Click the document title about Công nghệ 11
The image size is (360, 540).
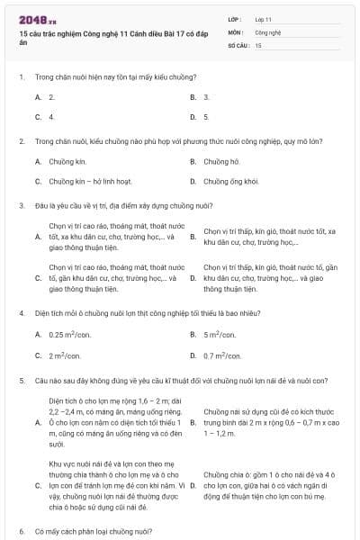click(x=99, y=37)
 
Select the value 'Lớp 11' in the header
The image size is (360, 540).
click(x=264, y=18)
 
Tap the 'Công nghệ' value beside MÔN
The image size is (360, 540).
click(x=268, y=31)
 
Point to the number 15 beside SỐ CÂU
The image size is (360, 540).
click(x=258, y=43)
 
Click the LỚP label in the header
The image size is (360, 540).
click(x=235, y=18)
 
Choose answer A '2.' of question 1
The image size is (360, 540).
click(x=51, y=96)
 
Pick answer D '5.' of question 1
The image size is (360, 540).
click(x=206, y=117)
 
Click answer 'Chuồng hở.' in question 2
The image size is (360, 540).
click(x=221, y=161)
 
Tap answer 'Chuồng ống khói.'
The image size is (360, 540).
click(x=230, y=181)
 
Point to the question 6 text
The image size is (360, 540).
click(x=94, y=531)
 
